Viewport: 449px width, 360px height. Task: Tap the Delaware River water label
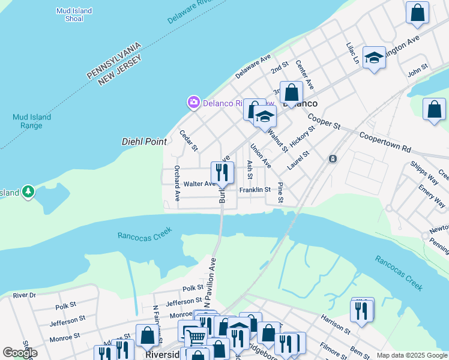(x=190, y=11)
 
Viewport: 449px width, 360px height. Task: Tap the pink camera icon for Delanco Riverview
(x=193, y=103)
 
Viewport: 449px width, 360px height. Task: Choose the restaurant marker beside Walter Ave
(x=222, y=173)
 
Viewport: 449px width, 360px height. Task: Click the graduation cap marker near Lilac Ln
(x=374, y=58)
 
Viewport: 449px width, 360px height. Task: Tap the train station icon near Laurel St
(x=333, y=159)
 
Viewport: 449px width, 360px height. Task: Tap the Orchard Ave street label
(x=177, y=183)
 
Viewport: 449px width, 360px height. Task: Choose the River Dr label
(x=24, y=295)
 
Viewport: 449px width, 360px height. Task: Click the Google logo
(x=20, y=353)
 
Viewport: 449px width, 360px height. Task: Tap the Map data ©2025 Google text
(x=411, y=355)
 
